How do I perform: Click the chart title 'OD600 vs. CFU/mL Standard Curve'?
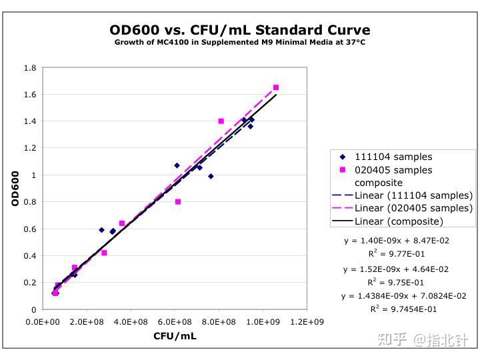tap(239, 30)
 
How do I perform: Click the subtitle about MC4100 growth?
tap(239, 42)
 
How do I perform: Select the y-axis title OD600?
tap(15, 188)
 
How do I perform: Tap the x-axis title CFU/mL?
tap(175, 336)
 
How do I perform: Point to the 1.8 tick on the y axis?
tap(30, 68)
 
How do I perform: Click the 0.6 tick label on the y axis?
tap(30, 229)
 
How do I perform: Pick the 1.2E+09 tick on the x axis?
tap(306, 322)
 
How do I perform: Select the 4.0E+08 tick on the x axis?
tap(131, 322)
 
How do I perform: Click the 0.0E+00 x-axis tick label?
tap(43, 322)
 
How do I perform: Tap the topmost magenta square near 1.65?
tap(276, 87)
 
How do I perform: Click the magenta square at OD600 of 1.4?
tap(221, 121)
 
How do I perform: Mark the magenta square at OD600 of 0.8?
tap(178, 201)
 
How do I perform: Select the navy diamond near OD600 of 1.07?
tap(177, 165)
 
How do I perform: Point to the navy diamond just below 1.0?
tap(211, 176)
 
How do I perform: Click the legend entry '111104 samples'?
tap(393, 157)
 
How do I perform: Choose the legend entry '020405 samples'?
tap(393, 170)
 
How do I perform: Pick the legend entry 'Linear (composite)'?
tap(399, 221)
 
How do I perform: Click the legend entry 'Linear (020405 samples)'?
tap(413, 208)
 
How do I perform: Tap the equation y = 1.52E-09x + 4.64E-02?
tap(396, 269)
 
